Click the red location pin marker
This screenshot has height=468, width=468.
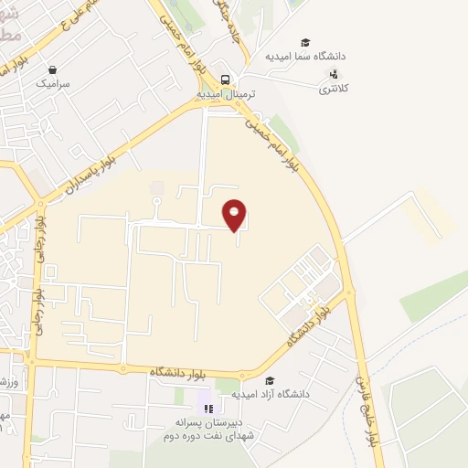(235, 214)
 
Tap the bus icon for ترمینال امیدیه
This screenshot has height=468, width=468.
(225, 79)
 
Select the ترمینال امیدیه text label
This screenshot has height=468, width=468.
(223, 94)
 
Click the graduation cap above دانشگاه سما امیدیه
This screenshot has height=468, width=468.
(305, 42)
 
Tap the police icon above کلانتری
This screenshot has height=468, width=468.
(335, 75)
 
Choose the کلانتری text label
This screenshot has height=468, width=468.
(335, 89)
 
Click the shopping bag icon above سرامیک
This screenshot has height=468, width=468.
(52, 69)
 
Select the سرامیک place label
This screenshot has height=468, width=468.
(53, 82)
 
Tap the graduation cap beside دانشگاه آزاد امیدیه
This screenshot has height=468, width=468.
(269, 380)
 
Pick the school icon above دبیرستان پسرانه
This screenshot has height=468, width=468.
(208, 408)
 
